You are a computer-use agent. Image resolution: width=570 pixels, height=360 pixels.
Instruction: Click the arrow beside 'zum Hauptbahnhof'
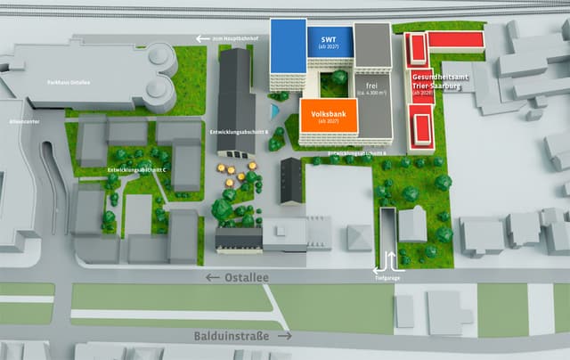[201, 39]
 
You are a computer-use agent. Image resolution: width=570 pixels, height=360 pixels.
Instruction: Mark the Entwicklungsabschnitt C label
[137, 169]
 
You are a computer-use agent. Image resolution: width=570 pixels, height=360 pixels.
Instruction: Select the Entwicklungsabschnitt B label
[238, 131]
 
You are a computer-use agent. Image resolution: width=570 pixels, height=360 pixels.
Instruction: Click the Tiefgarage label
[390, 276]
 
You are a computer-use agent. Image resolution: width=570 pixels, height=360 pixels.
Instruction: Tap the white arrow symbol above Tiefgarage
[389, 262]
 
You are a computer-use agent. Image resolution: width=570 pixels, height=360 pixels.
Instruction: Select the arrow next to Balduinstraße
[284, 336]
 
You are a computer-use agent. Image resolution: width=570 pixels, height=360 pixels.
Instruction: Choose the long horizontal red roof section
[455, 40]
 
